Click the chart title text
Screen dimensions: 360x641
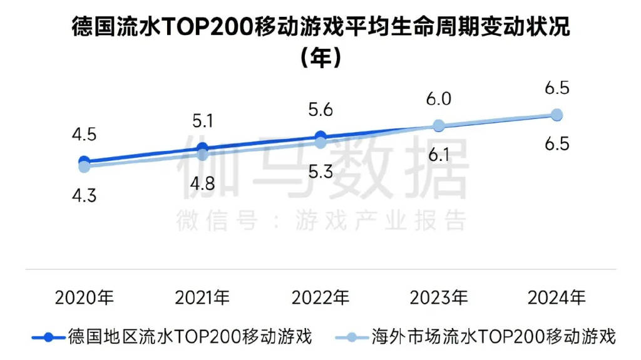point(320,28)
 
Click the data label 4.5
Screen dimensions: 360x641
point(84,135)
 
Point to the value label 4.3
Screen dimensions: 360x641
point(84,195)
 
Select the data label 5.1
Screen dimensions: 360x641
point(202,120)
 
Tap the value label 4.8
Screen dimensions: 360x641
point(202,183)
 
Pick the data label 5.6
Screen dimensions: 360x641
point(320,110)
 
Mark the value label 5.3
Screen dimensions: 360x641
point(320,172)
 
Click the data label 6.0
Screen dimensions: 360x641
point(439,99)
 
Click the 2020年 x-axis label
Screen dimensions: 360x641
point(84,297)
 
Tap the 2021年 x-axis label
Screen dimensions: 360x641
point(202,297)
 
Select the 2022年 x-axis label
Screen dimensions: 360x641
point(320,297)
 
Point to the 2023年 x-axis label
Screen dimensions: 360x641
point(439,297)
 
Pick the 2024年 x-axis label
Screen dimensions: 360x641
point(556,297)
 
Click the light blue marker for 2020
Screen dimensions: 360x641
point(84,166)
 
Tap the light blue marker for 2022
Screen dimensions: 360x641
point(320,142)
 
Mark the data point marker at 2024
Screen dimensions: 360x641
point(556,115)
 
